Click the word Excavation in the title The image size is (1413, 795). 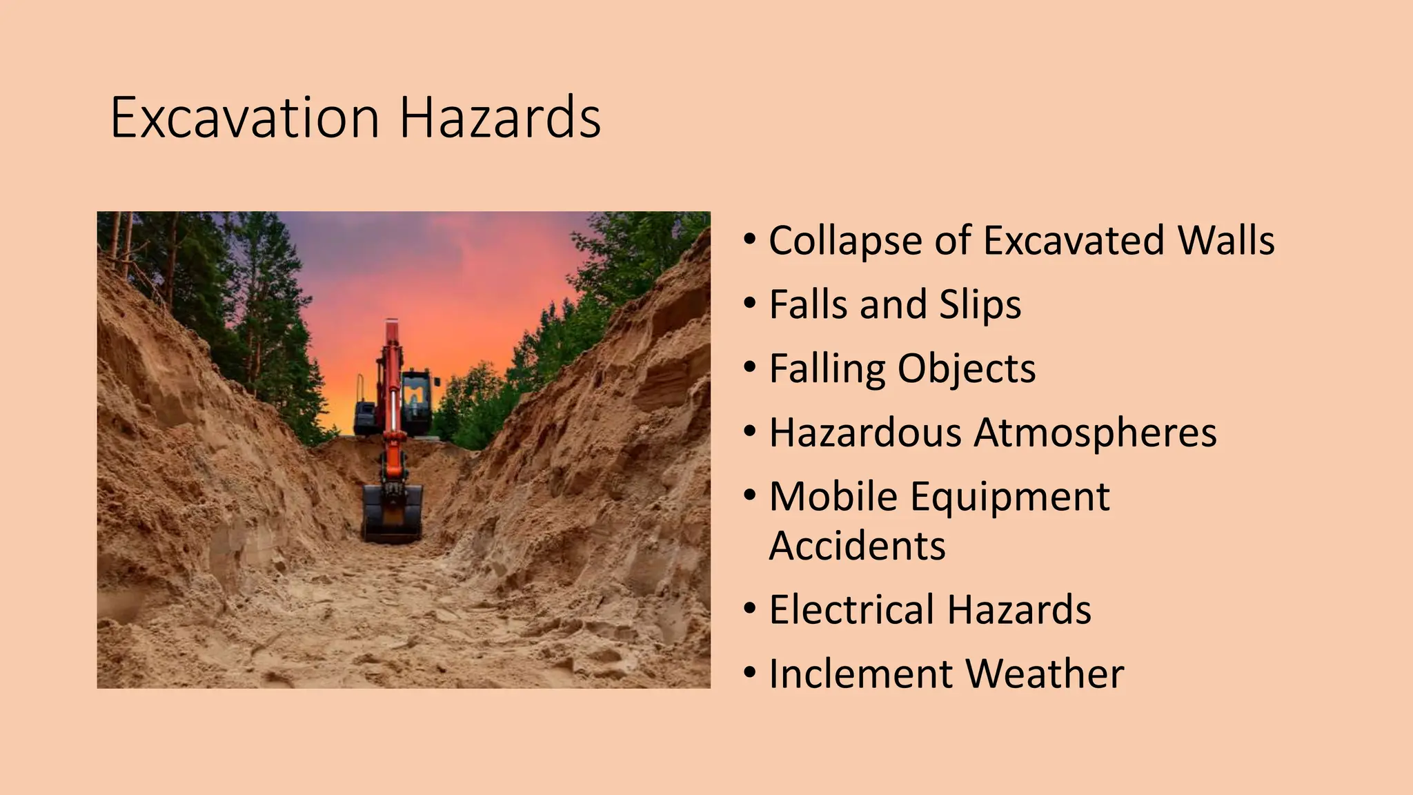point(245,118)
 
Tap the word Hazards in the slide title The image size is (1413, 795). point(500,118)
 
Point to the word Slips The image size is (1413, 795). point(980,305)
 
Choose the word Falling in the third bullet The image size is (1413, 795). point(827,369)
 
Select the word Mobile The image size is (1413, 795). point(833,496)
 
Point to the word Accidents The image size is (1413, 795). point(857,546)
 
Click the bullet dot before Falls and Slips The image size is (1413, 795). point(750,304)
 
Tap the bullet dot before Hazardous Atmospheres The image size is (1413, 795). point(750,432)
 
